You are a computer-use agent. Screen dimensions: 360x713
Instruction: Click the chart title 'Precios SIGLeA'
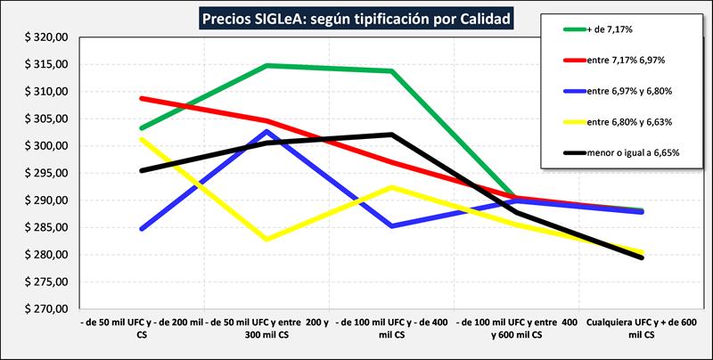coord(356,17)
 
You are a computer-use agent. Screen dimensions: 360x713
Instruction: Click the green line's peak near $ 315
coord(266,65)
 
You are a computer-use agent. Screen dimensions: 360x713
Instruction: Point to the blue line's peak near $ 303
coord(266,132)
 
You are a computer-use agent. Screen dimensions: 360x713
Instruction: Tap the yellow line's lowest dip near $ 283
coord(266,239)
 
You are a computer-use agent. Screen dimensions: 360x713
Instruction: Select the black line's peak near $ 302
coord(392,135)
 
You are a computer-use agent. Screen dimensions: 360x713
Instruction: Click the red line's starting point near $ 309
coord(142,98)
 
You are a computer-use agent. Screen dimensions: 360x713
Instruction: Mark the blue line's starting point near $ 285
coord(142,229)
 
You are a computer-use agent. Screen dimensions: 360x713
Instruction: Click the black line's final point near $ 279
coord(642,258)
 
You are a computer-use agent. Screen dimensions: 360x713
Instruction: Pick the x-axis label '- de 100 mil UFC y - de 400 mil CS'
coord(393,327)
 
